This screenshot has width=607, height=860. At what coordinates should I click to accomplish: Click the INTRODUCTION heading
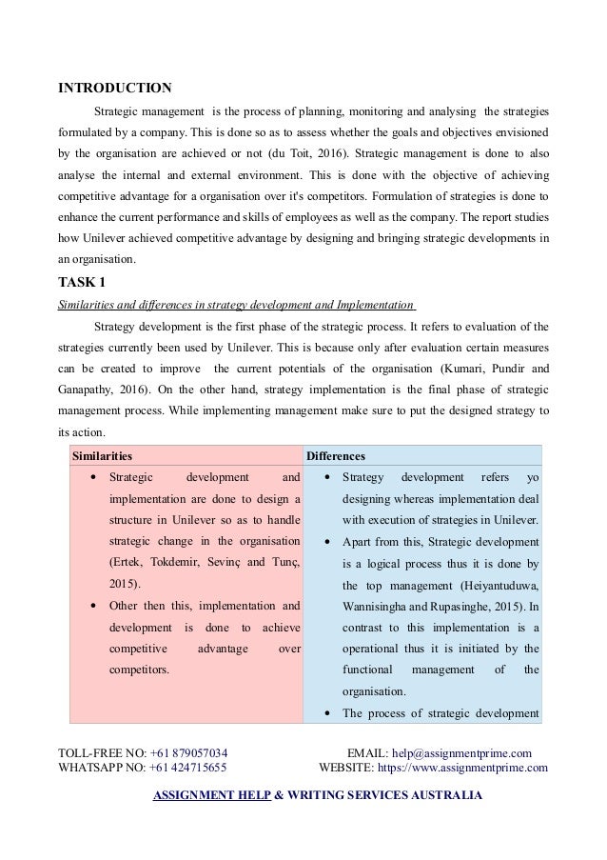click(x=115, y=89)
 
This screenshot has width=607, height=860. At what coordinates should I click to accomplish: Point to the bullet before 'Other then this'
click(x=90, y=606)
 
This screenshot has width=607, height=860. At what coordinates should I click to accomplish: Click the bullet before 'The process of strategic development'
click(x=326, y=713)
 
